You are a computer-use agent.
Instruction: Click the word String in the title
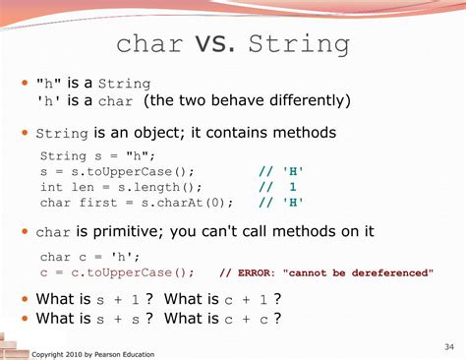click(299, 43)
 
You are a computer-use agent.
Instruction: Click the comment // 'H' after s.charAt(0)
click(281, 203)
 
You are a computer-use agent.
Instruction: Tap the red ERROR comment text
click(325, 272)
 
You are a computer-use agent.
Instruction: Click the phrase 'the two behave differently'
click(246, 101)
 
